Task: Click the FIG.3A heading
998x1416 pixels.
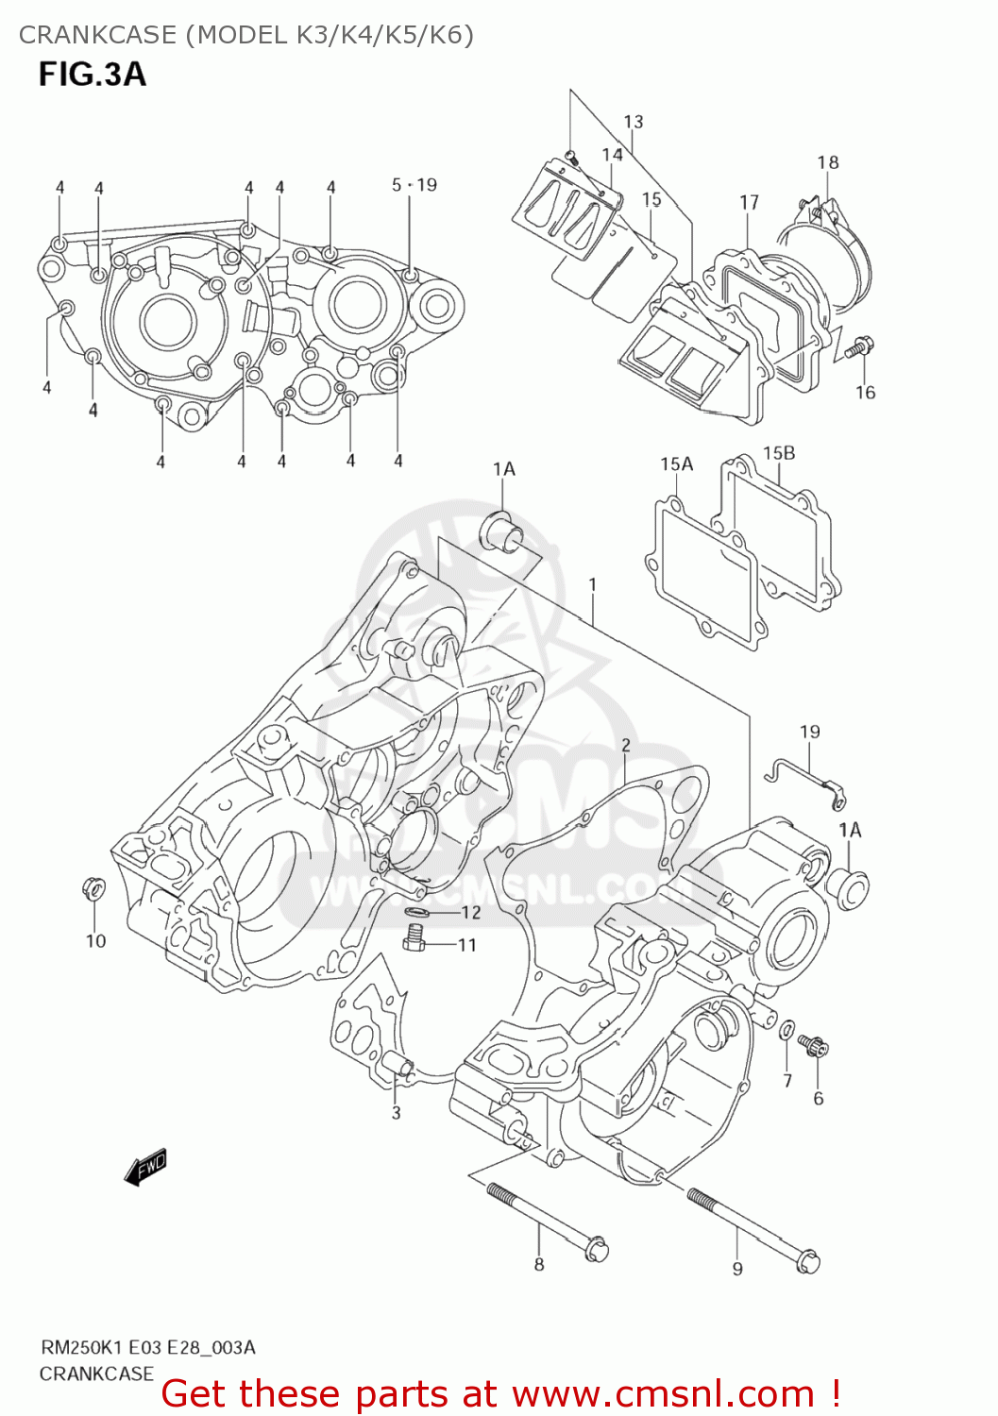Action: tap(92, 75)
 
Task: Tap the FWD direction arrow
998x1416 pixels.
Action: tap(145, 1167)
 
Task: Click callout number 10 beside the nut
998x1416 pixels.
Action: tap(95, 940)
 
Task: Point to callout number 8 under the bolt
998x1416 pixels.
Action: tap(538, 1264)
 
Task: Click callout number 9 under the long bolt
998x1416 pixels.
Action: tap(737, 1269)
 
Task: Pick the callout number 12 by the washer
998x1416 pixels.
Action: tap(470, 912)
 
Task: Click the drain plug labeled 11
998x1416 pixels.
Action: tap(413, 938)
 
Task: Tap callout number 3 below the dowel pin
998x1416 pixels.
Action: tap(396, 1113)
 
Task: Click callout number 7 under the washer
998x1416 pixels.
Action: tap(787, 1081)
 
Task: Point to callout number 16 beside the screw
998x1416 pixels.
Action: tap(865, 392)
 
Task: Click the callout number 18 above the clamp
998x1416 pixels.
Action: tap(827, 162)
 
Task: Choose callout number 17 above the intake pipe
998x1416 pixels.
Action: tap(749, 202)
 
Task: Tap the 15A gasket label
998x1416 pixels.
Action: tap(676, 464)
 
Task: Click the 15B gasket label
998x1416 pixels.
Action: tap(778, 453)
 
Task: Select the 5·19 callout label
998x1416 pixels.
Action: tap(414, 185)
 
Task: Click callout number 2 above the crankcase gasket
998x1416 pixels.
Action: tap(625, 746)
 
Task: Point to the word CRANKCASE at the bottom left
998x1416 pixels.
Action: tap(96, 1374)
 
